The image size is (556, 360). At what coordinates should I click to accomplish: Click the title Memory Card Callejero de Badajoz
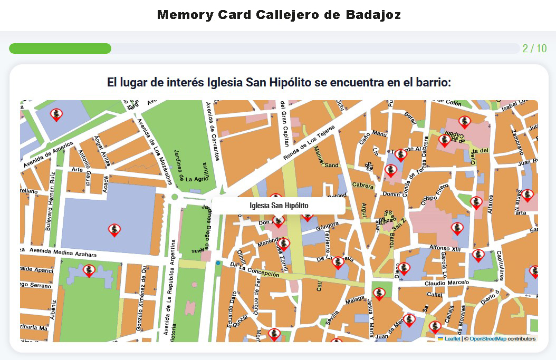pyautogui.click(x=279, y=15)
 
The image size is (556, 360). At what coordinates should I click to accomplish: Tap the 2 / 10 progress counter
pyautogui.click(x=534, y=48)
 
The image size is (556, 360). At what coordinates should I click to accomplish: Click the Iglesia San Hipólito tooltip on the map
pyautogui.click(x=279, y=206)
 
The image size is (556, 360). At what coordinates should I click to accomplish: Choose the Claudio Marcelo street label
pyautogui.click(x=446, y=284)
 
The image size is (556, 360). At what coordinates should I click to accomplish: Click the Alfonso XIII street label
pyautogui.click(x=445, y=248)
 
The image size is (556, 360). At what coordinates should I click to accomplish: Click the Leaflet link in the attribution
pyautogui.click(x=452, y=339)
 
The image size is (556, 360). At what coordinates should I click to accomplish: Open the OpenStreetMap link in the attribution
pyautogui.click(x=487, y=339)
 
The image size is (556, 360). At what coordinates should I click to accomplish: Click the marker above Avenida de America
pyautogui.click(x=56, y=114)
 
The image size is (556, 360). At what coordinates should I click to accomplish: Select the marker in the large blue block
pyautogui.click(x=114, y=229)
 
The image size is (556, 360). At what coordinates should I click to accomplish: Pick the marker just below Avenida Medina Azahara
pyautogui.click(x=89, y=270)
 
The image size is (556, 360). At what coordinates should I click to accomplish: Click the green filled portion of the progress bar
pyautogui.click(x=60, y=48)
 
